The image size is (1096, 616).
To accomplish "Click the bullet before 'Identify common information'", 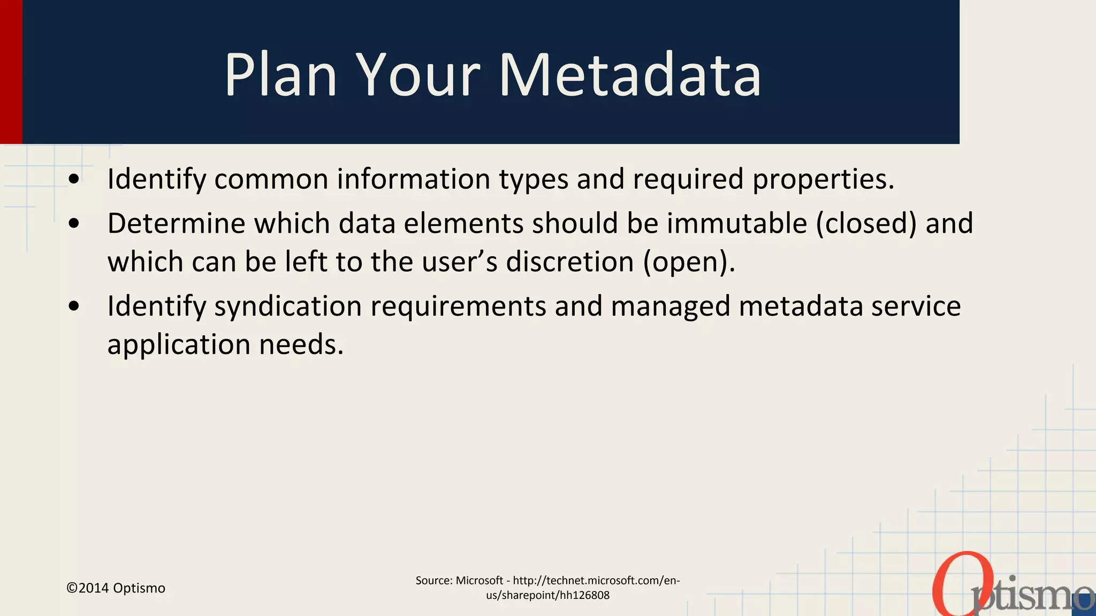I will point(74,179).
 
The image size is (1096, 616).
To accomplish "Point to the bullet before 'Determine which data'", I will point(74,224).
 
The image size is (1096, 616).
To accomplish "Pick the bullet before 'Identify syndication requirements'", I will point(74,306).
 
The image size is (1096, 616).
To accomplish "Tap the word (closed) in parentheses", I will point(866,223).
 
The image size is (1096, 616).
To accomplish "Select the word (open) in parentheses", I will point(689,262).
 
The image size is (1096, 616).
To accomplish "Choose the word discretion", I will point(570,262).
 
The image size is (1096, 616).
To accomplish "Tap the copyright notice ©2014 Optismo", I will point(116,588).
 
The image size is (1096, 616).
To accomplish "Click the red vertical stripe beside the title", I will point(11,72).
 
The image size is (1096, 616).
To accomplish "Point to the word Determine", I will point(176,223).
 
